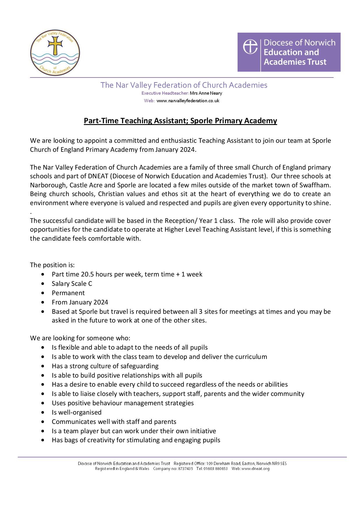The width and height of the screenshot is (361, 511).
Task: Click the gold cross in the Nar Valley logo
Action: pos(55,46)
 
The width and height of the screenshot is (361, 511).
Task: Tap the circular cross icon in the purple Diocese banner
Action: pos(250,47)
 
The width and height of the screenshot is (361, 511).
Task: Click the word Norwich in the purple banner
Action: pos(320,43)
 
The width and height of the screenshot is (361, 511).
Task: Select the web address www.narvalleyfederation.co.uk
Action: pos(188,101)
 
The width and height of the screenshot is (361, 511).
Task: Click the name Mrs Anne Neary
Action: pos(206,93)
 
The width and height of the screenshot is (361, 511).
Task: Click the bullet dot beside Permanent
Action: pos(43,293)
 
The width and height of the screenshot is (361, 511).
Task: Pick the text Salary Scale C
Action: pos(72,283)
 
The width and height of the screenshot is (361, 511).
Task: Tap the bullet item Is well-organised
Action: pos(77,412)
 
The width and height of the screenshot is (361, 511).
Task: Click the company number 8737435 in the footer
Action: pos(185,469)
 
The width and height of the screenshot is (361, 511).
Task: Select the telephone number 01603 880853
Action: pos(216,469)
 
